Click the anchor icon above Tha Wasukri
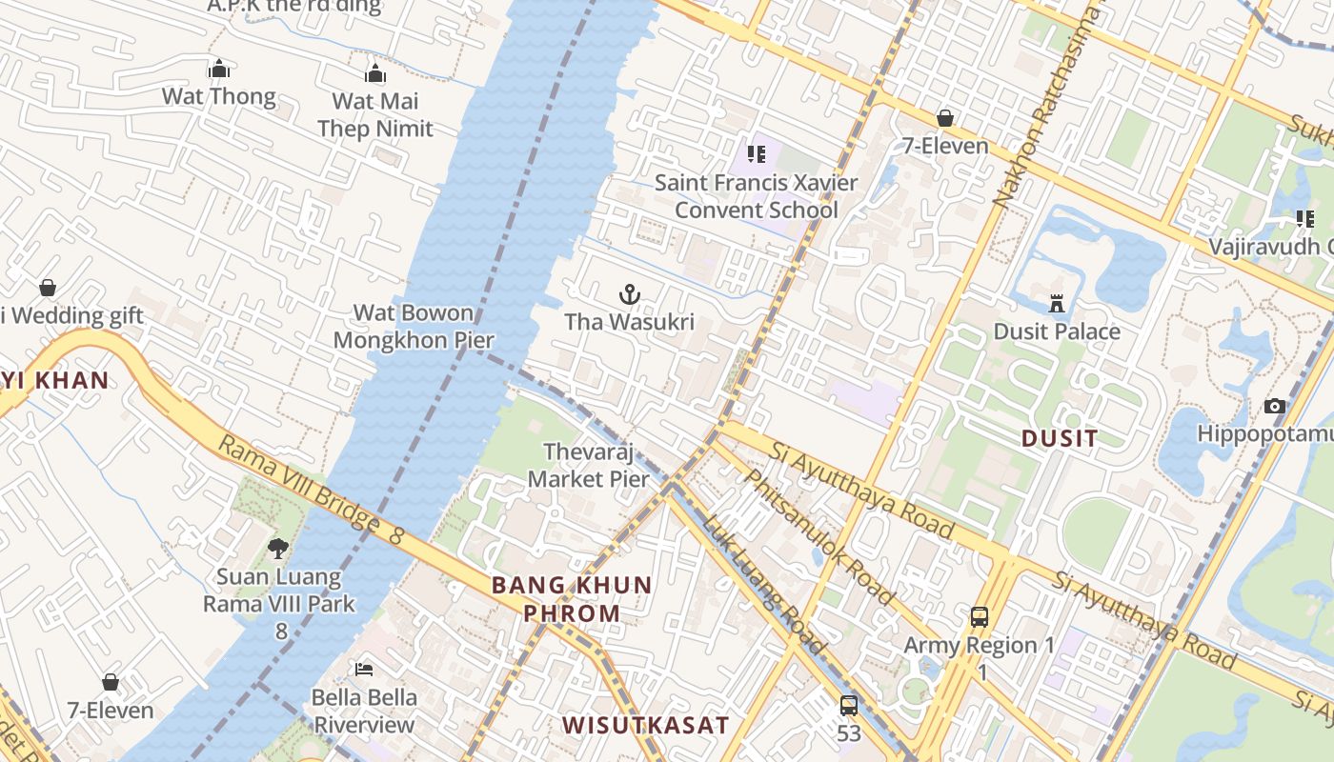click(629, 293)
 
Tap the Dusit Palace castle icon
click(1057, 303)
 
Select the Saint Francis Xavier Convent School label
click(756, 195)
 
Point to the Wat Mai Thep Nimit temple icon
click(375, 73)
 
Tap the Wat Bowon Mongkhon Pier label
click(414, 326)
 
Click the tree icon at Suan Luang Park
click(278, 548)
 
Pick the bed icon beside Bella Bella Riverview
click(364, 670)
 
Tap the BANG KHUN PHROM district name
click(572, 599)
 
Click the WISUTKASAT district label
click(645, 725)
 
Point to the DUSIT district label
click(1060, 438)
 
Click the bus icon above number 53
click(849, 706)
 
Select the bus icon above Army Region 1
click(980, 616)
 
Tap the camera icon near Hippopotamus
click(1275, 406)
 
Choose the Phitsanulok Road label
click(820, 536)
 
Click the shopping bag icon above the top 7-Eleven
click(945, 118)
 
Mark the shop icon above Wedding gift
click(47, 288)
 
